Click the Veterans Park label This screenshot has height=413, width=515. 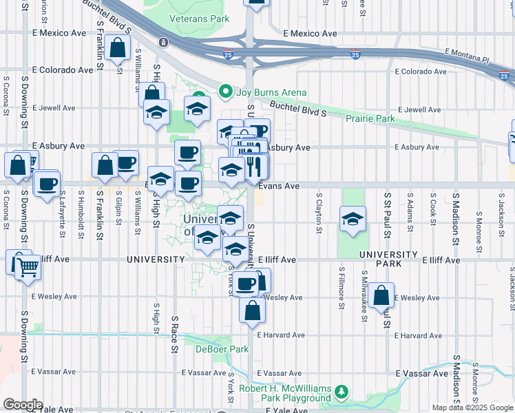(204, 19)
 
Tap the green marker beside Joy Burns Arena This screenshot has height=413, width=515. (199, 96)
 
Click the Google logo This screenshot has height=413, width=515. (23, 404)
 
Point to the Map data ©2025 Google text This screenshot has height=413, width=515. (472, 407)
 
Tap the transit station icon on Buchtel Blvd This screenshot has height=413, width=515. (163, 42)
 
